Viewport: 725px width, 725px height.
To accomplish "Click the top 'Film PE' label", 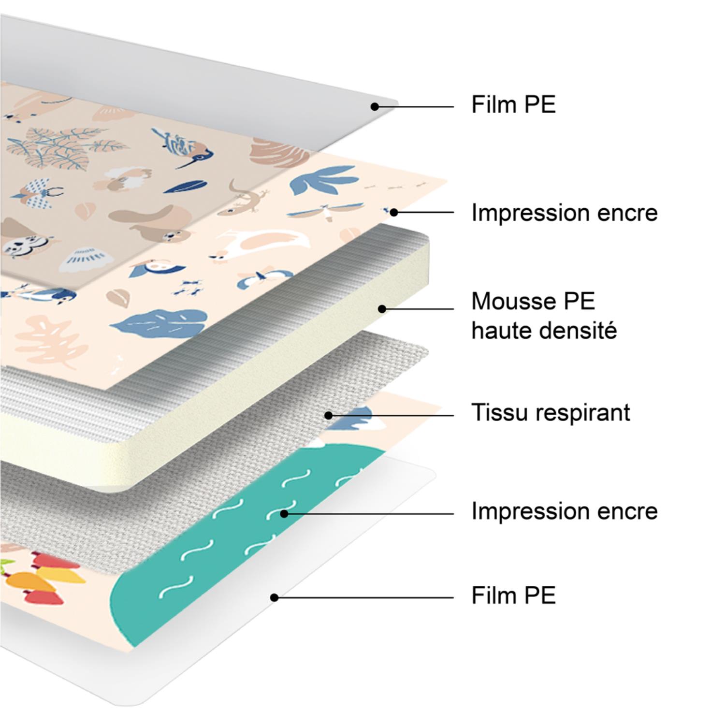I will click(513, 104).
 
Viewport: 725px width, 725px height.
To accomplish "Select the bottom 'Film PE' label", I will click(513, 595).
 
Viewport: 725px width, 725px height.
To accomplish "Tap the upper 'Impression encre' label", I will click(564, 213).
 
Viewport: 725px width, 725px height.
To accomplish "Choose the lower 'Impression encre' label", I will click(564, 511).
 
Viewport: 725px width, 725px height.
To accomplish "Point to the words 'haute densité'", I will click(544, 331).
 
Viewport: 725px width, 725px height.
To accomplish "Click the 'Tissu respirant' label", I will click(551, 413).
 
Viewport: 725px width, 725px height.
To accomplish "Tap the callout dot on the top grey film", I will click(375, 106).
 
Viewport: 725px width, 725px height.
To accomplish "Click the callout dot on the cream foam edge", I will click(382, 308).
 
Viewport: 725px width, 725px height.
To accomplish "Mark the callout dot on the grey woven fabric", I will click(329, 415).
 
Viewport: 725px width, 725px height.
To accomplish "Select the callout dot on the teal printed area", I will click(284, 514).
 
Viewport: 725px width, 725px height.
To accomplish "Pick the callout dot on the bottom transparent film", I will click(274, 598).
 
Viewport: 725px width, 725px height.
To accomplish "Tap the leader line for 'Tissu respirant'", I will click(391, 415).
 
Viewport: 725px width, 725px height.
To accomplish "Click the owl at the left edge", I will click(19, 242).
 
